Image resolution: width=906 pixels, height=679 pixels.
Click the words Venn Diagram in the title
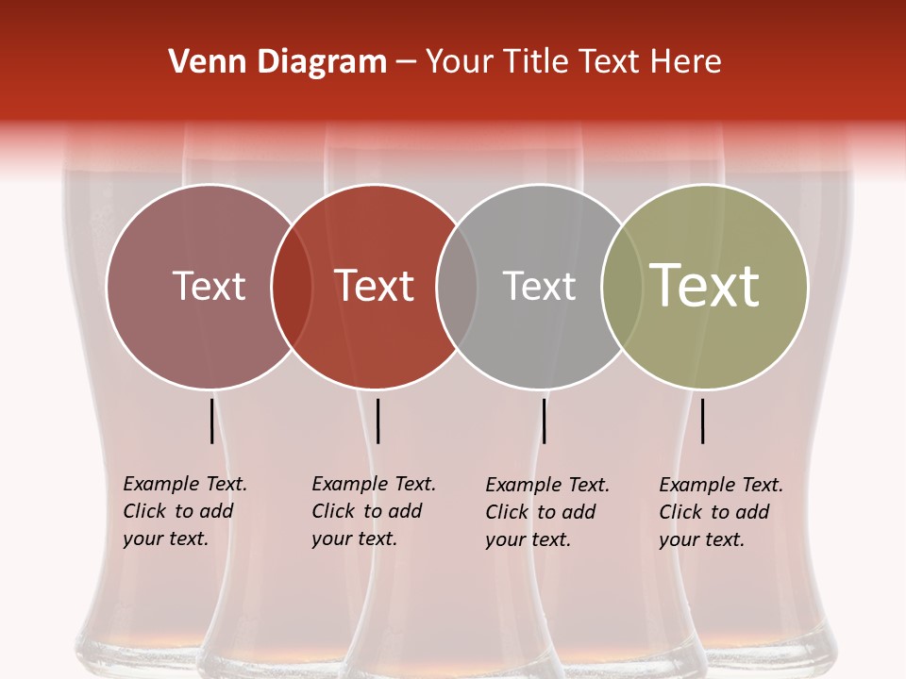coord(277,62)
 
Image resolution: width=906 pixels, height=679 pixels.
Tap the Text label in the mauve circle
coord(209,286)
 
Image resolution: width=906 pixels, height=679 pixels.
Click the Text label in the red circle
coord(375,286)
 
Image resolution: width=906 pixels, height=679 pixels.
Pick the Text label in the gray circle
coord(539,286)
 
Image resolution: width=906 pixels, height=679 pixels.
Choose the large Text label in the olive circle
coord(705,286)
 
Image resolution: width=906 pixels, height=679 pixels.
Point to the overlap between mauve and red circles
coord(292,287)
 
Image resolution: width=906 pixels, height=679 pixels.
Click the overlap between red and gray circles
coord(457,287)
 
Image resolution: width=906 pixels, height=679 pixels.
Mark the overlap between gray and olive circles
coord(622,287)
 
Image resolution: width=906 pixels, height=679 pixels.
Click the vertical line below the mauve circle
coord(211,421)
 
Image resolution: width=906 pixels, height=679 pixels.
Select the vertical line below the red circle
coord(377,421)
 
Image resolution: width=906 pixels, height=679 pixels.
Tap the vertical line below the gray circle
coord(544,421)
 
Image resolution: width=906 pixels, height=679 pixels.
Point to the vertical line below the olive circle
coord(702,421)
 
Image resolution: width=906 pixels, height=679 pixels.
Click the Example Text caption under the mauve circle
coord(184,511)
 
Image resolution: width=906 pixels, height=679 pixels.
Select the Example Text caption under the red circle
coord(373,511)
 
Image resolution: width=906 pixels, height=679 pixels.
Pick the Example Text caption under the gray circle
coord(546,512)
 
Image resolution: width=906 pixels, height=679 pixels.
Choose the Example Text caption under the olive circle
coord(720,512)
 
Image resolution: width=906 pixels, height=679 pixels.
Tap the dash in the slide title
coord(406,63)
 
